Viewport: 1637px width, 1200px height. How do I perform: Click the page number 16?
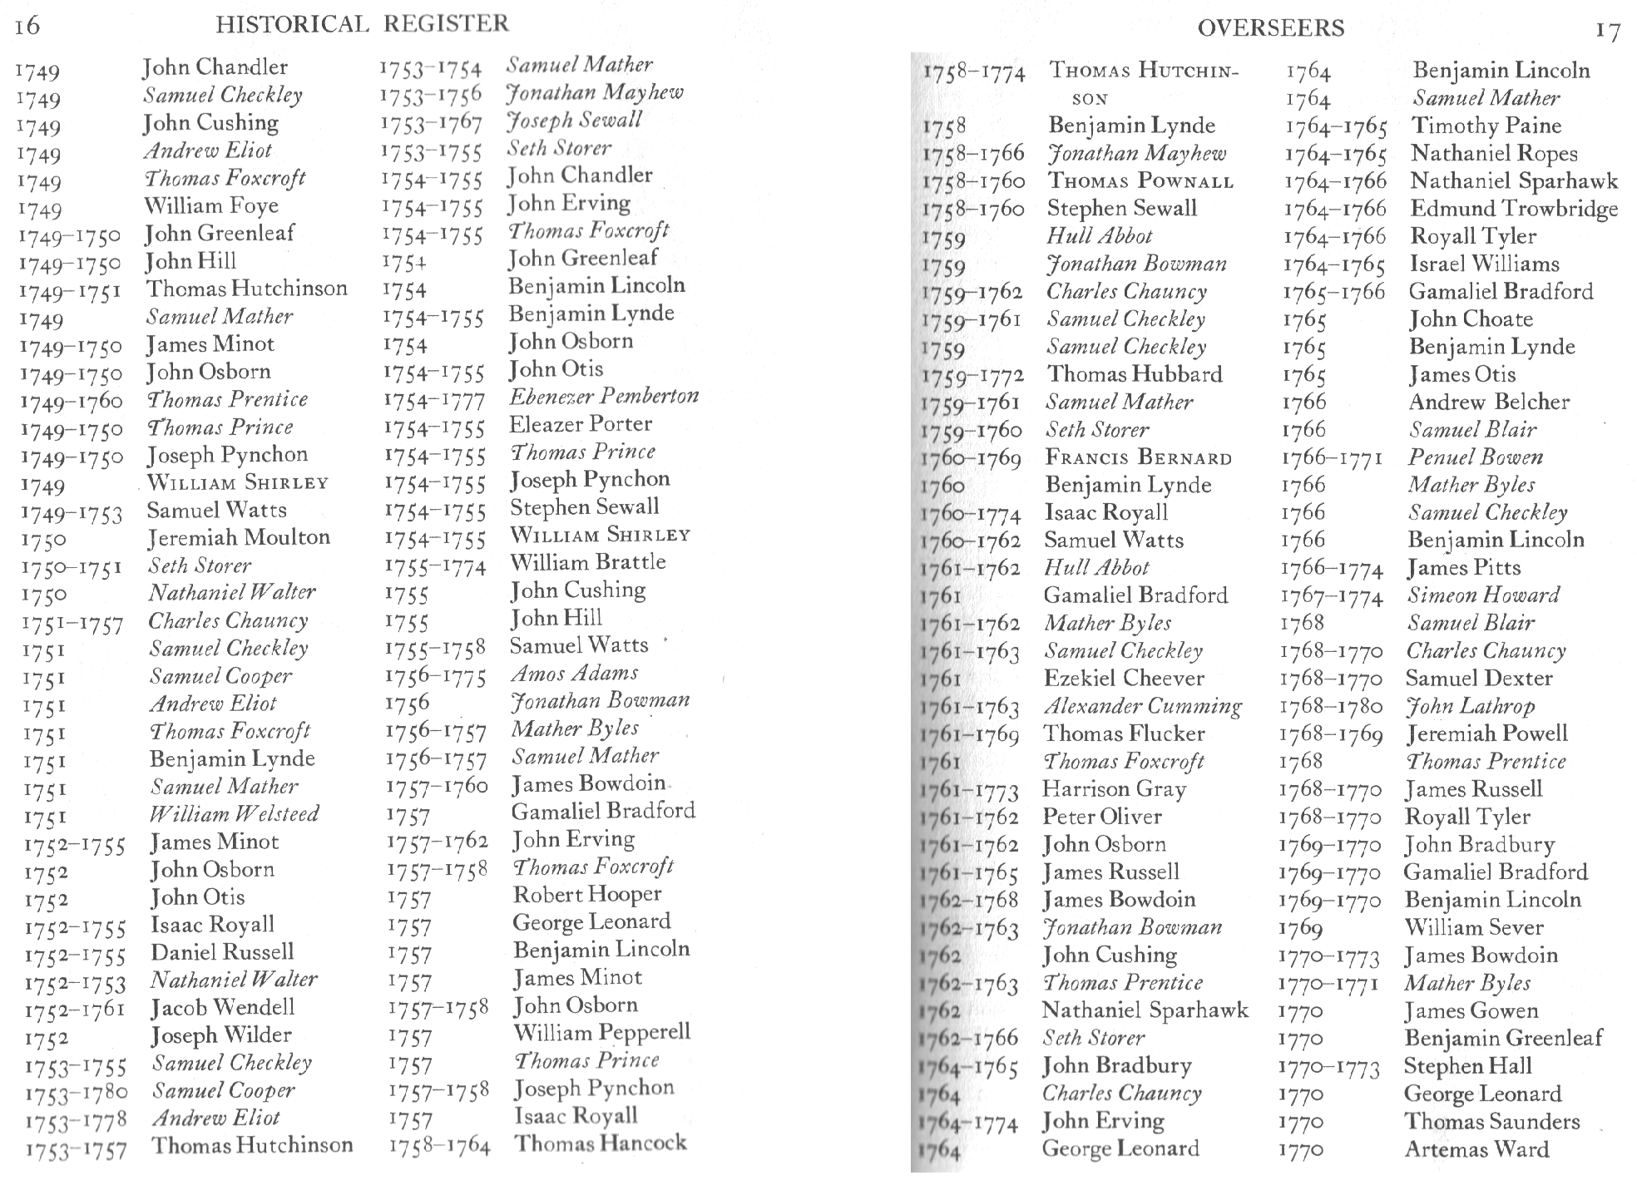click(27, 27)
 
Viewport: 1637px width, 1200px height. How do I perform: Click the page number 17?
click(1607, 32)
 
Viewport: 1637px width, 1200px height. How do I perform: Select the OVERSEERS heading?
click(1270, 28)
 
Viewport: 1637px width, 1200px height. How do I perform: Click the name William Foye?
click(210, 205)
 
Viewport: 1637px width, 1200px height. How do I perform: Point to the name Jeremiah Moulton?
click(239, 537)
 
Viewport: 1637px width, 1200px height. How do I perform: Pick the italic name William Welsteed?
click(234, 813)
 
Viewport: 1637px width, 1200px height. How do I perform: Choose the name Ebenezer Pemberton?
click(604, 396)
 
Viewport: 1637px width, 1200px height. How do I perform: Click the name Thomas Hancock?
click(600, 1143)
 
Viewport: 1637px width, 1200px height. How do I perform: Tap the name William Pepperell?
click(601, 1032)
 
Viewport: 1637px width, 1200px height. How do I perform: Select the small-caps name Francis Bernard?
click(1138, 457)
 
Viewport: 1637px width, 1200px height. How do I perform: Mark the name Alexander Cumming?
click(1142, 706)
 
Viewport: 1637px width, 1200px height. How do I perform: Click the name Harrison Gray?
click(1114, 788)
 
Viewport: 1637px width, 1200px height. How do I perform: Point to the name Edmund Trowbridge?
click(1514, 209)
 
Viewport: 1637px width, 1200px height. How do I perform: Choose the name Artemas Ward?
click(1476, 1149)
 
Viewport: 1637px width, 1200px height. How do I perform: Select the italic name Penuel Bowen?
click(1475, 457)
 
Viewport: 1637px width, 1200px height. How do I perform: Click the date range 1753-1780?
click(76, 1093)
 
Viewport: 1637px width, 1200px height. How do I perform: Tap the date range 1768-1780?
click(1331, 707)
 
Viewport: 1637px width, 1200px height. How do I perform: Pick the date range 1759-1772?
click(972, 377)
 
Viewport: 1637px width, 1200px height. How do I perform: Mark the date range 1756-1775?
click(435, 676)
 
